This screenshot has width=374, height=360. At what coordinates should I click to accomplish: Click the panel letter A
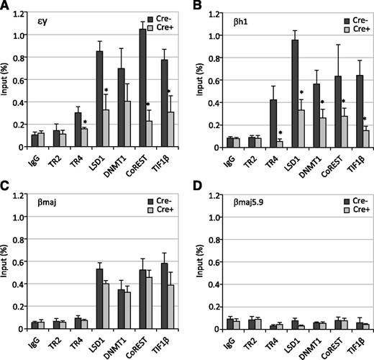(x=6, y=6)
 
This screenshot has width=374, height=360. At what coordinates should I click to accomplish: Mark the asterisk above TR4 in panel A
(x=85, y=122)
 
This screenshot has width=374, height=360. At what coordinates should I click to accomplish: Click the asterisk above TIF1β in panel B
(x=365, y=120)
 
